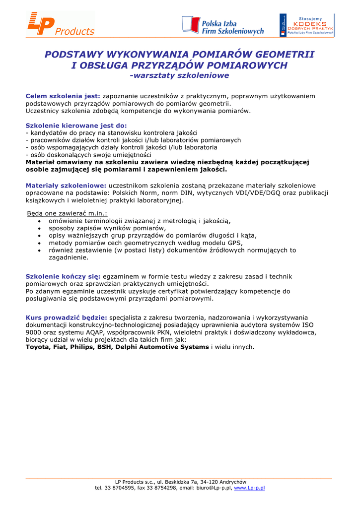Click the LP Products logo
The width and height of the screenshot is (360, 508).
click(60, 24)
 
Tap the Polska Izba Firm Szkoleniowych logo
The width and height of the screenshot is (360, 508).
click(223, 25)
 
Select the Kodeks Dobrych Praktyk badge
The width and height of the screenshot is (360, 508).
click(306, 25)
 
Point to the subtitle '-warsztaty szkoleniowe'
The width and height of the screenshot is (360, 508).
click(179, 76)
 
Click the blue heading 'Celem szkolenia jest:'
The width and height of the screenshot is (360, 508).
click(63, 96)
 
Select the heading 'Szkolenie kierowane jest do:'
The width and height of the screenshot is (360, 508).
click(76, 126)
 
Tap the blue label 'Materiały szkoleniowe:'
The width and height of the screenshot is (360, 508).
click(66, 186)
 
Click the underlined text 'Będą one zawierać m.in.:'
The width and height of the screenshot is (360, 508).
click(67, 213)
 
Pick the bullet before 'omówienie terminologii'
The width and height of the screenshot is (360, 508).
click(40, 221)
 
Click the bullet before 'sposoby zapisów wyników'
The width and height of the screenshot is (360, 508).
click(40, 229)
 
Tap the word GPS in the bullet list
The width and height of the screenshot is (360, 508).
click(235, 243)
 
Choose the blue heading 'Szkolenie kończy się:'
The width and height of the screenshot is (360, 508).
click(63, 276)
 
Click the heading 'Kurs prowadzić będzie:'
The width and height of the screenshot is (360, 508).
click(67, 317)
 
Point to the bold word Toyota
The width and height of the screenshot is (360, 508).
click(37, 347)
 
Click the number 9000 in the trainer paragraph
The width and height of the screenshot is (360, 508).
click(34, 332)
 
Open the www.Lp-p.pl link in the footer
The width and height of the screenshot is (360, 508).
click(249, 488)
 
